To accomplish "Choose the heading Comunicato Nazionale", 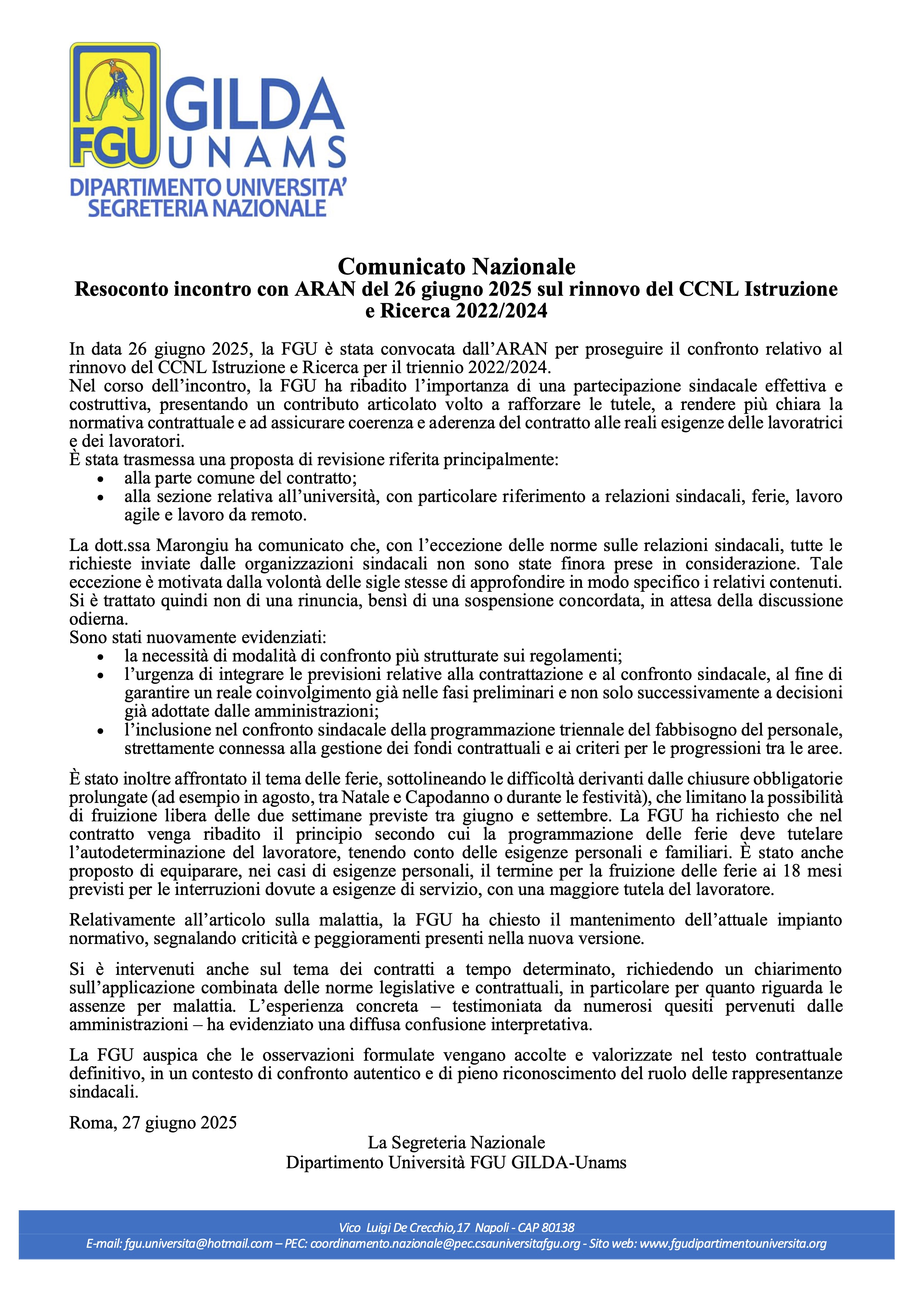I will [456, 266].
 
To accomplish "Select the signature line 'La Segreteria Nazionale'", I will [456, 1142].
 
